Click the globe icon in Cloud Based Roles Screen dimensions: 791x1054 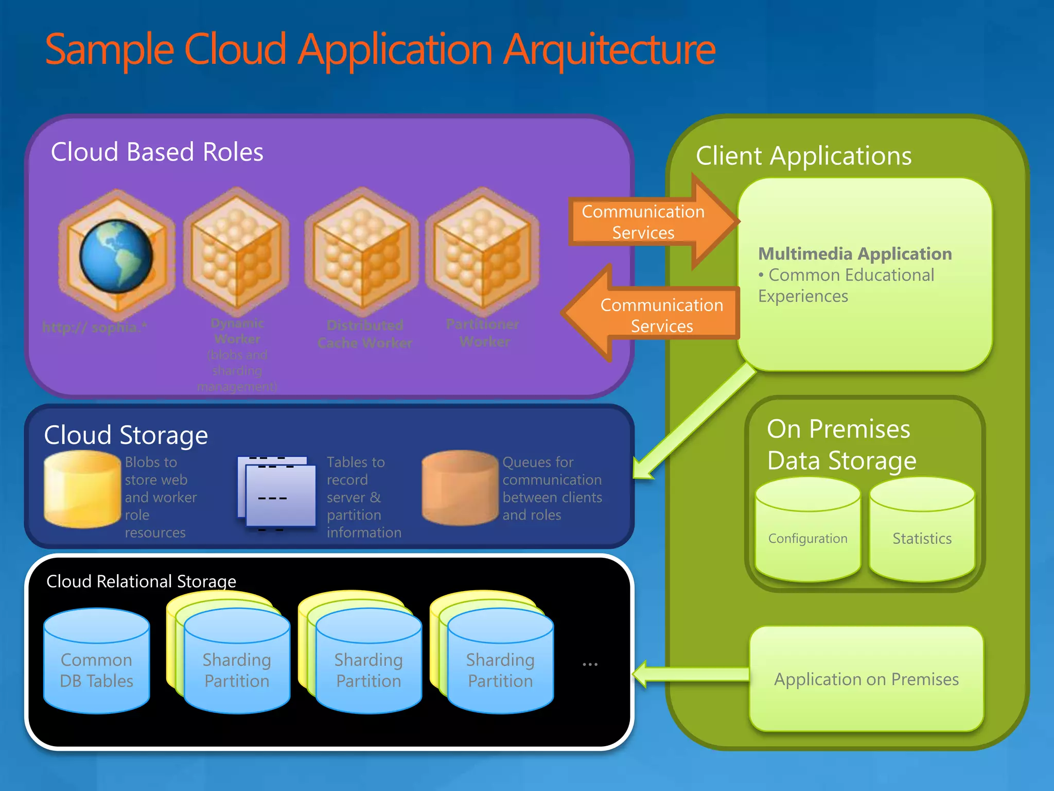point(116,255)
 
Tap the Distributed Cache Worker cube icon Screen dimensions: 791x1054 point(362,251)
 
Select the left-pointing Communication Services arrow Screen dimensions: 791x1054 point(654,315)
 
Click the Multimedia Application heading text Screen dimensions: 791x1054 point(855,254)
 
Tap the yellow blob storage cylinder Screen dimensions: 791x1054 point(82,489)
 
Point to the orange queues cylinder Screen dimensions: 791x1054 point(460,488)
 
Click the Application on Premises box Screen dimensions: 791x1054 point(866,679)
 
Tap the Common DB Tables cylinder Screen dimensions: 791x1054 point(97,662)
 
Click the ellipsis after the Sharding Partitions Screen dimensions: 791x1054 point(590,664)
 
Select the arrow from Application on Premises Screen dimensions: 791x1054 point(690,674)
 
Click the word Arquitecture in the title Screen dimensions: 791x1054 point(609,50)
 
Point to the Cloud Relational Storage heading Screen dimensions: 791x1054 point(141,581)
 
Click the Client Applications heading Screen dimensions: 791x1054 point(803,156)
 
